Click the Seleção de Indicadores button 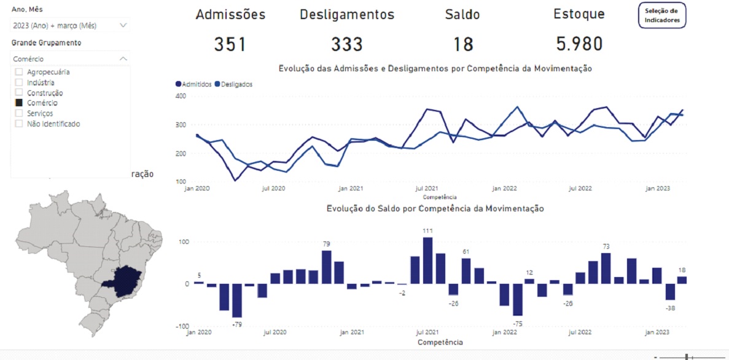point(663,15)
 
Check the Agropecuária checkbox point(18,72)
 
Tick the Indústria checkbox point(18,82)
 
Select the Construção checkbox point(18,93)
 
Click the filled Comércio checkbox point(18,103)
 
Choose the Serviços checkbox point(18,114)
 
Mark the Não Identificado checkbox point(18,124)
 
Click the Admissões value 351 point(230,44)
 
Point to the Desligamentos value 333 point(347,44)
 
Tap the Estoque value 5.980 point(579,44)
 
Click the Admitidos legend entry point(193,84)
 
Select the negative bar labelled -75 point(518,299)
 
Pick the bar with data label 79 point(326,267)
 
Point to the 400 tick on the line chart point(180,96)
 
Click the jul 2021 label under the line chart point(426,189)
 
